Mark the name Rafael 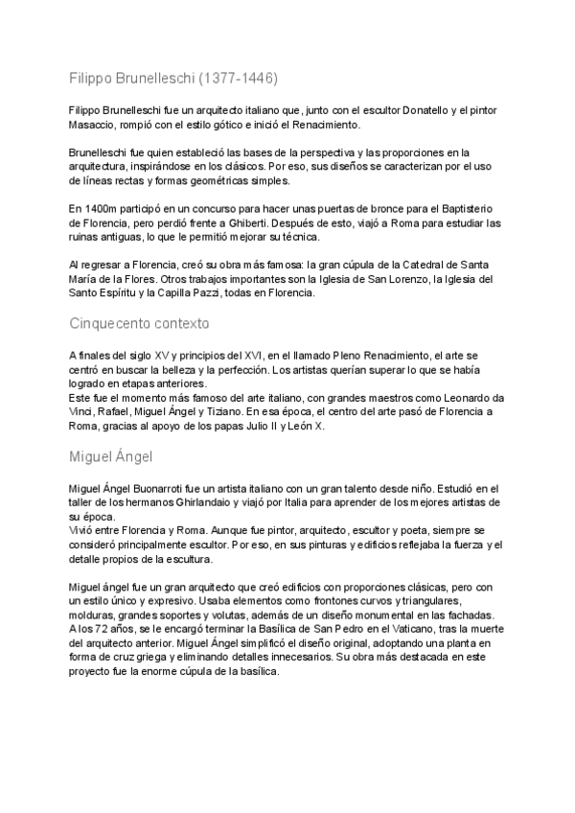pyautogui.click(x=116, y=411)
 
